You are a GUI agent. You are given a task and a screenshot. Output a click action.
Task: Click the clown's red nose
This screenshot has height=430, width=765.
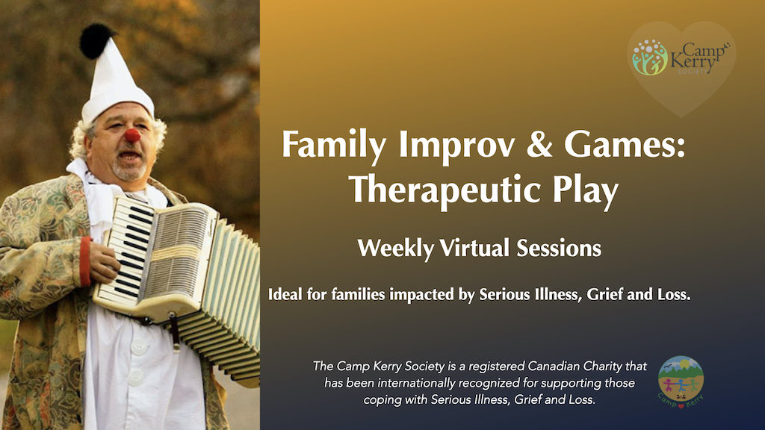(x=132, y=136)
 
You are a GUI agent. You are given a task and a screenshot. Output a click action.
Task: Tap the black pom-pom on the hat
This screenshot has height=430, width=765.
(x=96, y=40)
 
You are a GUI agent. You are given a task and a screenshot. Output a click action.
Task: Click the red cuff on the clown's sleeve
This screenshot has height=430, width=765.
(x=85, y=261)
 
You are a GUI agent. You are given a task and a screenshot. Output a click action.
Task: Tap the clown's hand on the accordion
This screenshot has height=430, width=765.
(x=103, y=261)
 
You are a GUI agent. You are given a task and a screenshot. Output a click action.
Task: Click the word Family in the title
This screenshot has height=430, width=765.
(x=334, y=146)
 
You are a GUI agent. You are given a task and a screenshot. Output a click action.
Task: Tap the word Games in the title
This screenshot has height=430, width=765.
(x=625, y=145)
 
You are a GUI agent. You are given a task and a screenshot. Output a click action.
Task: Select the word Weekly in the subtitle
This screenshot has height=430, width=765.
(x=396, y=249)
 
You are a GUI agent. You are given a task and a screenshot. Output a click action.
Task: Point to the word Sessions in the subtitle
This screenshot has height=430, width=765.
(x=559, y=248)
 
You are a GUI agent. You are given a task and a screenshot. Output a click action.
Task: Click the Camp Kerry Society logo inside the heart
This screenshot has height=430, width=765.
(x=681, y=57)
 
